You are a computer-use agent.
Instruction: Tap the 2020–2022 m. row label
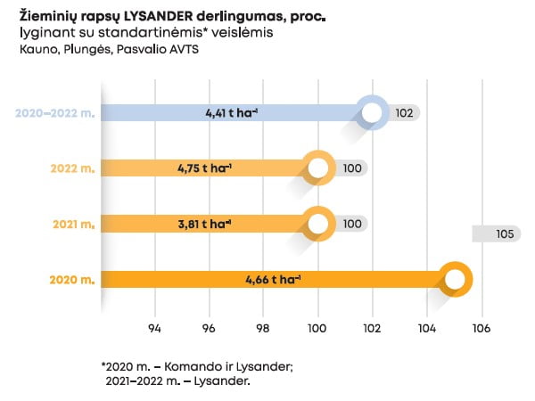click(54, 113)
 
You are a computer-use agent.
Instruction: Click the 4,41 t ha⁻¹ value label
click(232, 113)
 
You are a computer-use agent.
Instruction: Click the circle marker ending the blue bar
click(373, 113)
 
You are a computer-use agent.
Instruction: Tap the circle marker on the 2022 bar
click(318, 168)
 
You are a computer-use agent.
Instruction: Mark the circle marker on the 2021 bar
click(318, 224)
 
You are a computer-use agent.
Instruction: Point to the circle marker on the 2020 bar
click(455, 280)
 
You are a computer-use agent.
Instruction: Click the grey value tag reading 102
click(404, 113)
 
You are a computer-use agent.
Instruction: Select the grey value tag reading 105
click(504, 234)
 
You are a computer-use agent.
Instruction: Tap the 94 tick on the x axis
click(155, 326)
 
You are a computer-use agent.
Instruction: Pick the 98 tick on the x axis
click(264, 326)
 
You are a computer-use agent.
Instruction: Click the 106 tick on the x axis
click(482, 326)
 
